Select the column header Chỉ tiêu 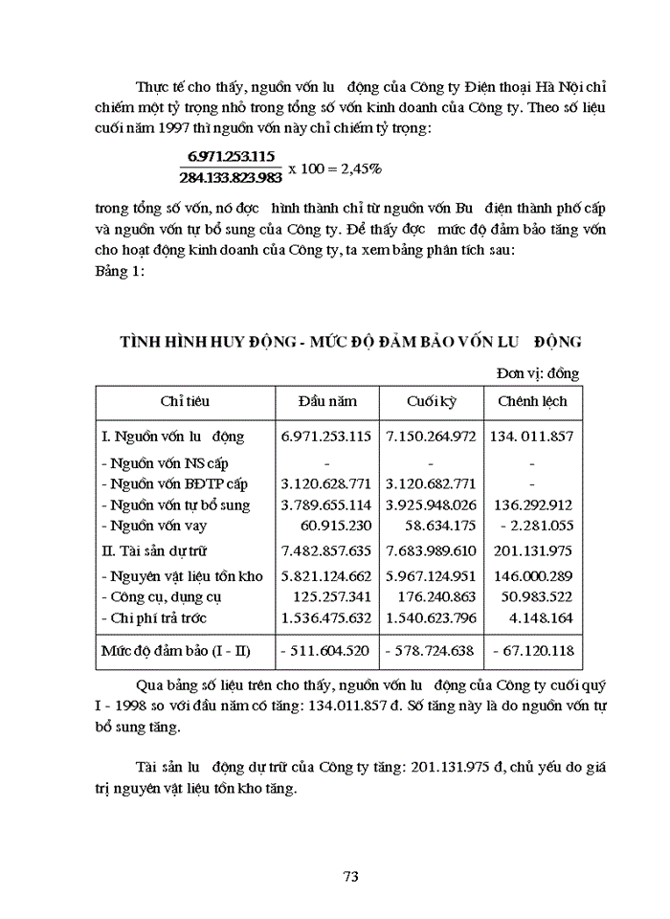[x=185, y=401]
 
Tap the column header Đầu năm [x=325, y=401]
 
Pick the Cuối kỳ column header [x=431, y=401]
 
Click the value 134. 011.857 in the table [x=531, y=437]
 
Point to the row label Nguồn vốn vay [x=159, y=526]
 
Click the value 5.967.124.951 [x=431, y=576]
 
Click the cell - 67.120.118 [x=532, y=652]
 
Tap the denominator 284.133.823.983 [x=231, y=177]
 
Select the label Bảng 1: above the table [x=121, y=272]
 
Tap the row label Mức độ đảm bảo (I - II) [x=175, y=652]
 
